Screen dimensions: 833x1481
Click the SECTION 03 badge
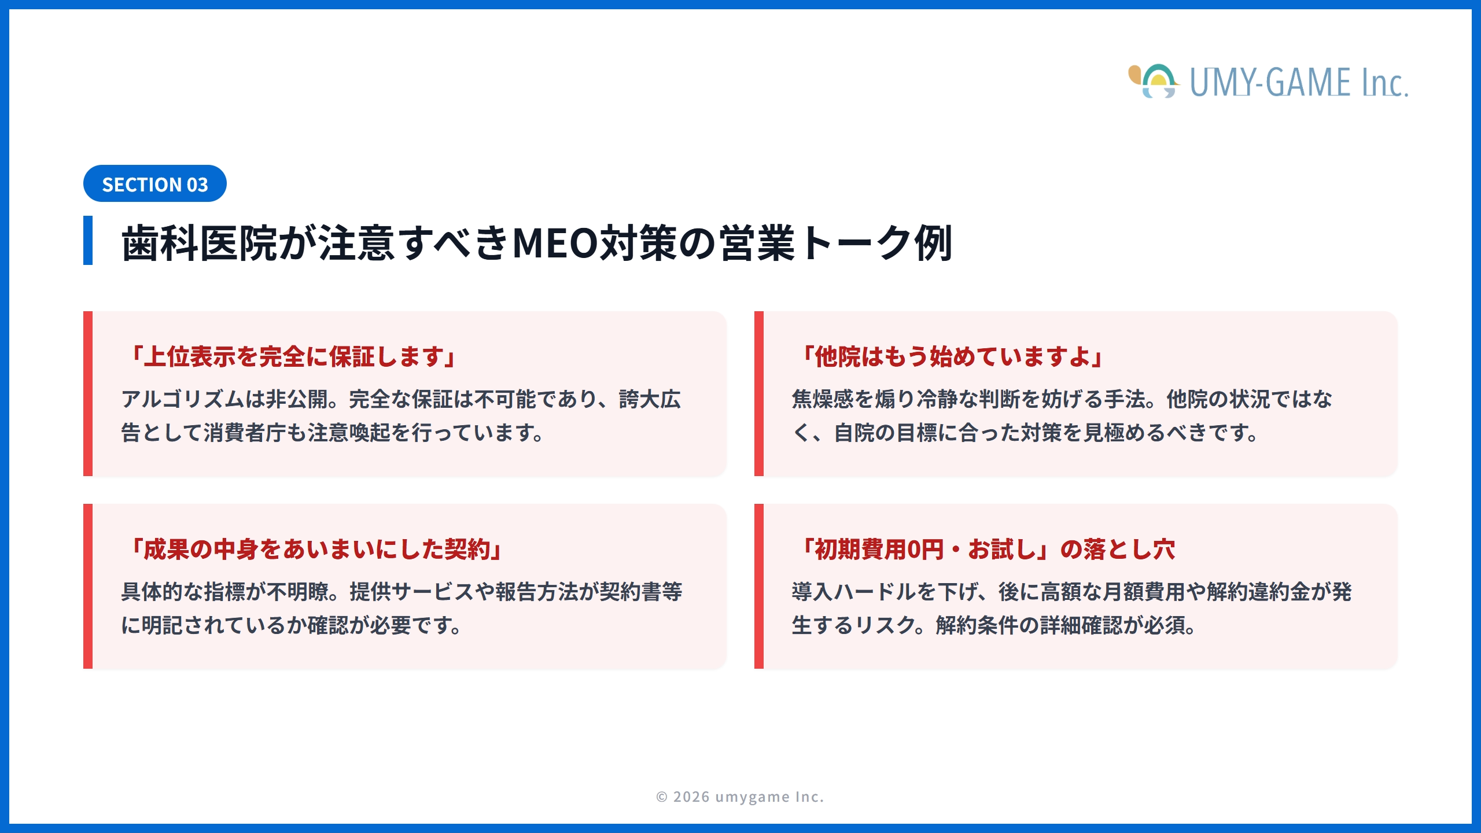154,184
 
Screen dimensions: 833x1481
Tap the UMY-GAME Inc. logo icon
1154,82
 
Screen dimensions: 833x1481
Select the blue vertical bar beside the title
88,240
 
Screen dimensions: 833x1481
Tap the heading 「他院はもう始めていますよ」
952,356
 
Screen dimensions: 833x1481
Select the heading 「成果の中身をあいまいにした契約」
316,549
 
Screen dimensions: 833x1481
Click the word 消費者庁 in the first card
245,433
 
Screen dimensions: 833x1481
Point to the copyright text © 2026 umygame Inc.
740,797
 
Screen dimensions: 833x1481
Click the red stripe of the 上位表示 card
88,393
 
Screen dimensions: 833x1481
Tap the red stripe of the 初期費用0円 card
759,586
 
